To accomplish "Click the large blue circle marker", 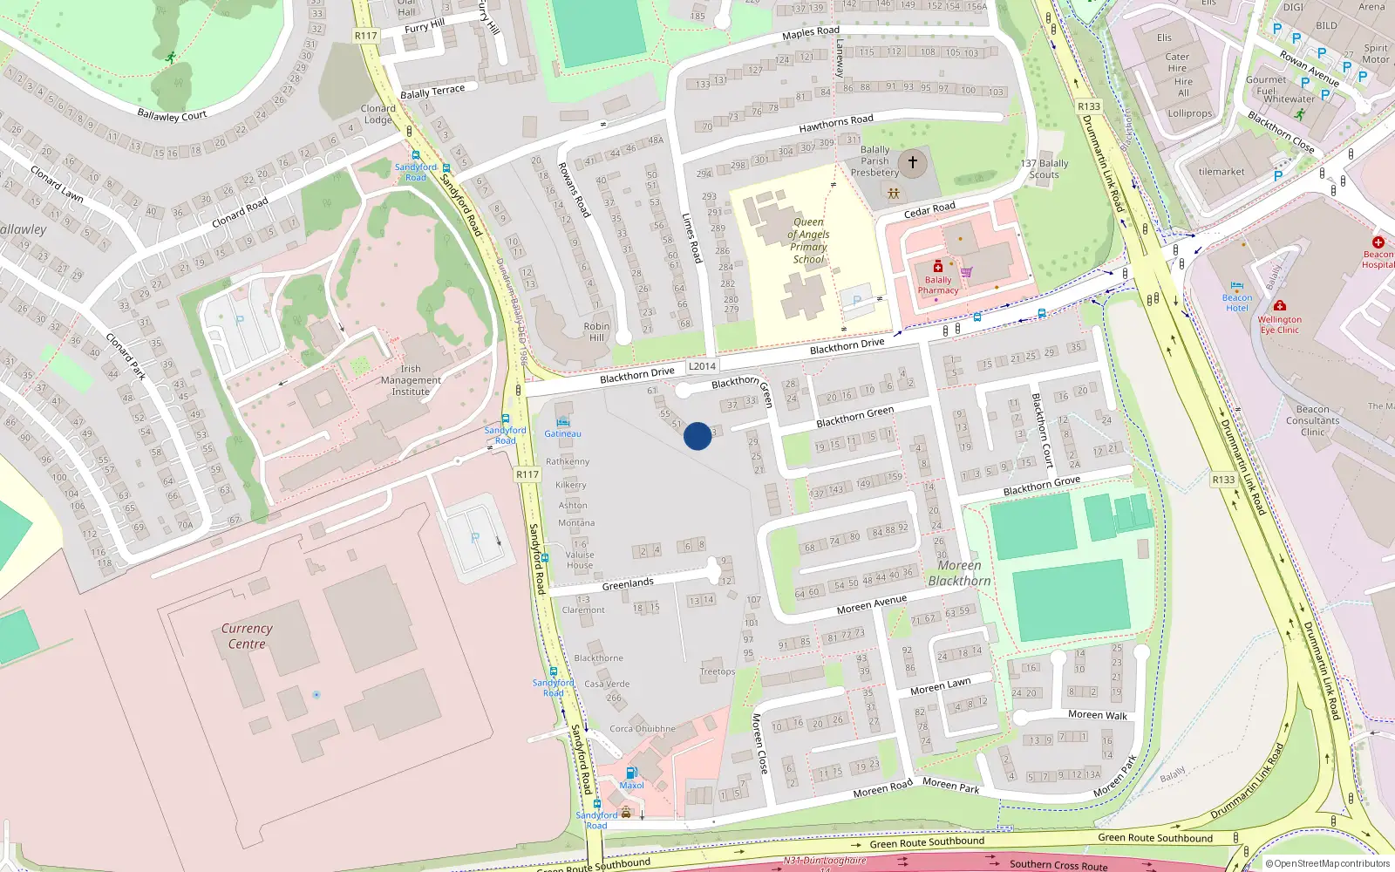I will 697,436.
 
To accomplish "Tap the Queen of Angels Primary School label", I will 808,241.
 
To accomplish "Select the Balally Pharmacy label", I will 938,285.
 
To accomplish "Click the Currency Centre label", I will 247,636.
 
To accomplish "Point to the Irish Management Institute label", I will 411,380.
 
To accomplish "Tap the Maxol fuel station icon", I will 632,773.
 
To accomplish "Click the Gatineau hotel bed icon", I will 563,422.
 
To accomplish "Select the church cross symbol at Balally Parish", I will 913,162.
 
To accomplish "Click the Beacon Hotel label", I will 1236,303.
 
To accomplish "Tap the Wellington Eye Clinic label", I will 1279,324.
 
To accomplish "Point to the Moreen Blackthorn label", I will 959,573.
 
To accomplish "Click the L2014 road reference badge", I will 702,366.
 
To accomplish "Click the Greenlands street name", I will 628,583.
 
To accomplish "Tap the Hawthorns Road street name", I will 836,124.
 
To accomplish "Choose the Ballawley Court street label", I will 172,115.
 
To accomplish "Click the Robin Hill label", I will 597,332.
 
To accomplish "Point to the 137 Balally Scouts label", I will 1045,169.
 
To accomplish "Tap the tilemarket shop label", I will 1221,172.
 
